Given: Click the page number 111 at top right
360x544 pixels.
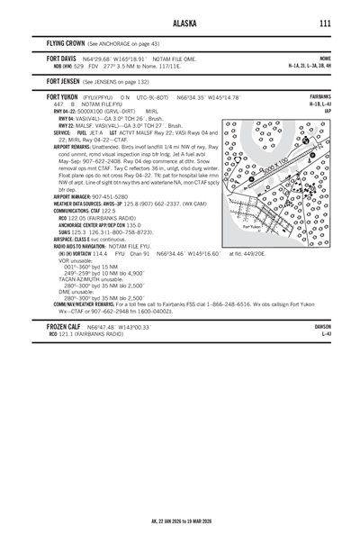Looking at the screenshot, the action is click(324, 24).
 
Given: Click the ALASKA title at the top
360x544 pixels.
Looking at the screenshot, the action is click(180, 24).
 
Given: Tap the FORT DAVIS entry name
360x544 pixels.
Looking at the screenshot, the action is click(62, 58).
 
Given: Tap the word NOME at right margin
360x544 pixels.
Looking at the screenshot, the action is click(326, 58).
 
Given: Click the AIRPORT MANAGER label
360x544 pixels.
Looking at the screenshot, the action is click(77, 196).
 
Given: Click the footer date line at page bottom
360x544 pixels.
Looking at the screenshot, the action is click(180, 521).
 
